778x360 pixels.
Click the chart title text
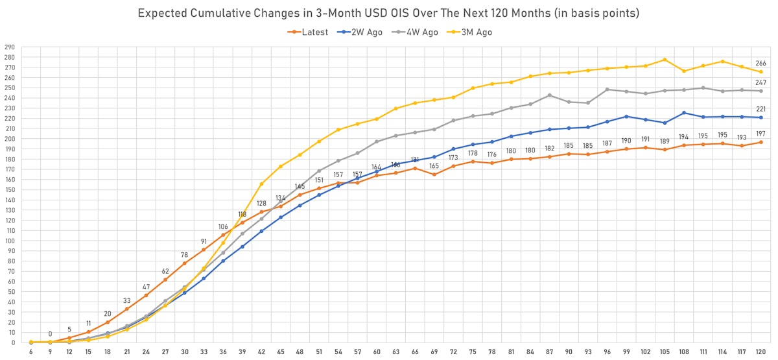click(x=389, y=14)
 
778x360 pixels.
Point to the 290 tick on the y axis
click(x=10, y=48)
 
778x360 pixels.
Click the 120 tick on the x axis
click(x=760, y=352)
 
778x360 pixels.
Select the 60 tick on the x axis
click(x=377, y=352)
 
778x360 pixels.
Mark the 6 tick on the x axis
click(x=31, y=352)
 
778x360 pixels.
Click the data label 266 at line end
click(x=761, y=64)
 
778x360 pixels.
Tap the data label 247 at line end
click(x=761, y=83)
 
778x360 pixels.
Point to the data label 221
click(x=761, y=109)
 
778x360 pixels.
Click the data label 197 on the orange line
click(x=761, y=134)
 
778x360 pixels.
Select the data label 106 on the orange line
click(x=223, y=226)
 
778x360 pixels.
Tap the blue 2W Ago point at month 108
click(x=684, y=113)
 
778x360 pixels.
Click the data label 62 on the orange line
click(x=165, y=271)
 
